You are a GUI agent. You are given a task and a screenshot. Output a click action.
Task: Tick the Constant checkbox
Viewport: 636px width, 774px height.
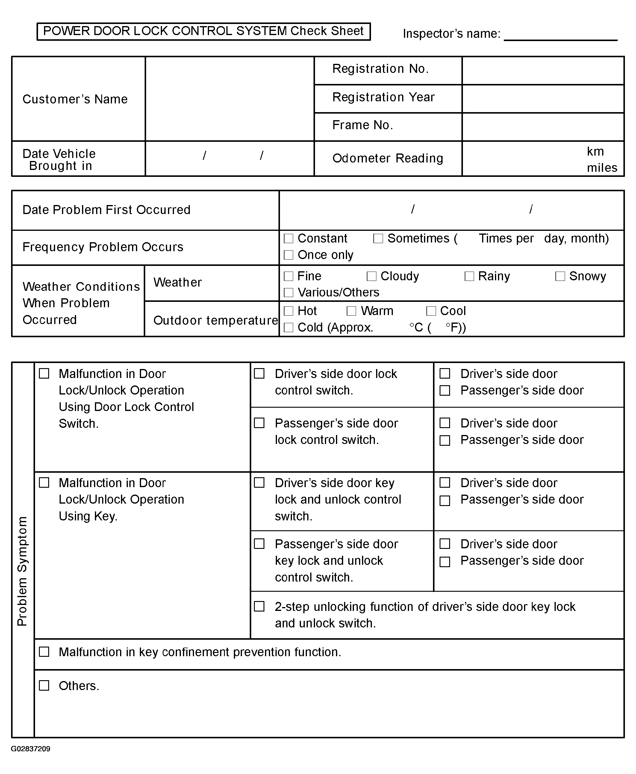pyautogui.click(x=289, y=238)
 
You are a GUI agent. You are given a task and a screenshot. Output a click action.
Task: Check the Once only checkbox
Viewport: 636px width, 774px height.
pyautogui.click(x=289, y=255)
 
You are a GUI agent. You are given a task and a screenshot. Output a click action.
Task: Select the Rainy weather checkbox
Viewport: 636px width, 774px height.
pyautogui.click(x=469, y=276)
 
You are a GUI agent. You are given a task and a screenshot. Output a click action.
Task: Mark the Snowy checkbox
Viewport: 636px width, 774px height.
pyautogui.click(x=560, y=276)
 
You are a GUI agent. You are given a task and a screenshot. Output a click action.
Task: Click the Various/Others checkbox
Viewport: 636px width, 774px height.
pyautogui.click(x=289, y=292)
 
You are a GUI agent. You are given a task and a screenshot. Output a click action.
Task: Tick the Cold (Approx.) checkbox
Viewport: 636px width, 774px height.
pyautogui.click(x=289, y=328)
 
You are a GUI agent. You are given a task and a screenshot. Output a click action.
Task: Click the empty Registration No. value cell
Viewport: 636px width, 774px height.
pyautogui.click(x=543, y=70)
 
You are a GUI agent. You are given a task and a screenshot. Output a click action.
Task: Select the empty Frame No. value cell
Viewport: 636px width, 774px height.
pyautogui.click(x=543, y=127)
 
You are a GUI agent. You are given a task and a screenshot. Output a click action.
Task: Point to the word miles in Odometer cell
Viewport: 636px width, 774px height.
pyautogui.click(x=602, y=168)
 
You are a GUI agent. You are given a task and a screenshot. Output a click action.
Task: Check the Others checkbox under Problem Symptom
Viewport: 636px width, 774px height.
pyautogui.click(x=44, y=686)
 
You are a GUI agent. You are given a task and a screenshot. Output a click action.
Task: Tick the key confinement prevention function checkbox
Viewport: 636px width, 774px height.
pyautogui.click(x=44, y=652)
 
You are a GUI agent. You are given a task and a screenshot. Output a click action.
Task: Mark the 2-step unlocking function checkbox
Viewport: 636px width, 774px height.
pyautogui.click(x=259, y=606)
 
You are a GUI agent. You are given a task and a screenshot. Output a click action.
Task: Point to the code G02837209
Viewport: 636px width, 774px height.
pyautogui.click(x=31, y=749)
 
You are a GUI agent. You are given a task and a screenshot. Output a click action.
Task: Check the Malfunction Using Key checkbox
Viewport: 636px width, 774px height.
pyautogui.click(x=44, y=483)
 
